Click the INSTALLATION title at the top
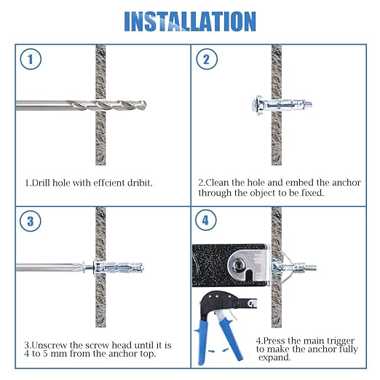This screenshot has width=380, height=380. (190, 21)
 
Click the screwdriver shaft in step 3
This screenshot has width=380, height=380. (51, 269)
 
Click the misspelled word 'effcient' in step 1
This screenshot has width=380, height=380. (103, 182)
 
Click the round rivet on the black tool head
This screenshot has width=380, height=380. (237, 264)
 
